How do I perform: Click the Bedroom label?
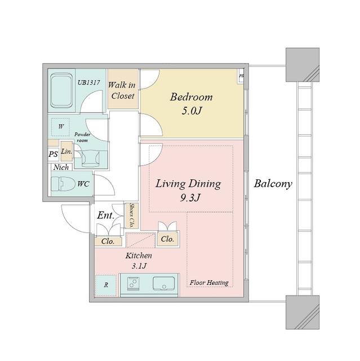pyautogui.click(x=192, y=96)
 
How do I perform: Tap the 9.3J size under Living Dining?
pyautogui.click(x=188, y=199)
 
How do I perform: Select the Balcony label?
pyautogui.click(x=273, y=184)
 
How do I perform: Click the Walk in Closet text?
pyautogui.click(x=122, y=90)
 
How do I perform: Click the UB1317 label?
pyautogui.click(x=88, y=82)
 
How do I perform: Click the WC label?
pyautogui.click(x=83, y=184)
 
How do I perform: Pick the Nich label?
pyautogui.click(x=61, y=168)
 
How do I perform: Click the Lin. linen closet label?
pyautogui.click(x=65, y=152)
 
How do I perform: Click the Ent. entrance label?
pyautogui.click(x=106, y=215)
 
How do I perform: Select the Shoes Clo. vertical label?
pyautogui.click(x=132, y=215)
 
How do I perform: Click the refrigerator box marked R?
pyautogui.click(x=105, y=285)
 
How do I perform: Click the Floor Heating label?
pyautogui.click(x=209, y=281)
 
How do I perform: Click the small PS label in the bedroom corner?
pyautogui.click(x=242, y=76)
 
